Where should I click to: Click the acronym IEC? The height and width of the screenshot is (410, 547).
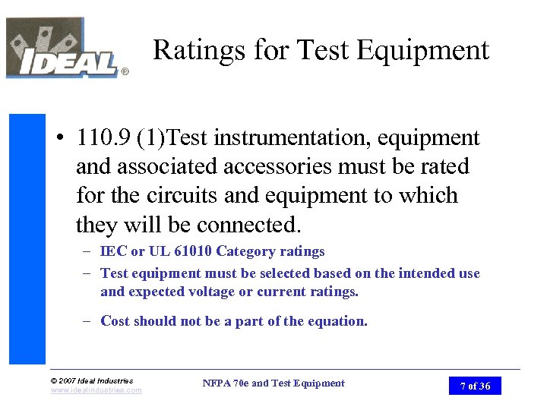pyautogui.click(x=112, y=251)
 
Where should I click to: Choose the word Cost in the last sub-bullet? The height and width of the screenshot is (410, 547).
pyautogui.click(x=115, y=321)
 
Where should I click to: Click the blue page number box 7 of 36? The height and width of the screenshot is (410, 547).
pyautogui.click(x=475, y=386)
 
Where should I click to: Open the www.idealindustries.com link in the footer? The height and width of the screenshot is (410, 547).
pyautogui.click(x=96, y=390)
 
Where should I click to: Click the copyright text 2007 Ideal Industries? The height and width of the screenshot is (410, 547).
pyautogui.click(x=92, y=380)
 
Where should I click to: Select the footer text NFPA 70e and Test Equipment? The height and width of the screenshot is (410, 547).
pyautogui.click(x=273, y=383)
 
